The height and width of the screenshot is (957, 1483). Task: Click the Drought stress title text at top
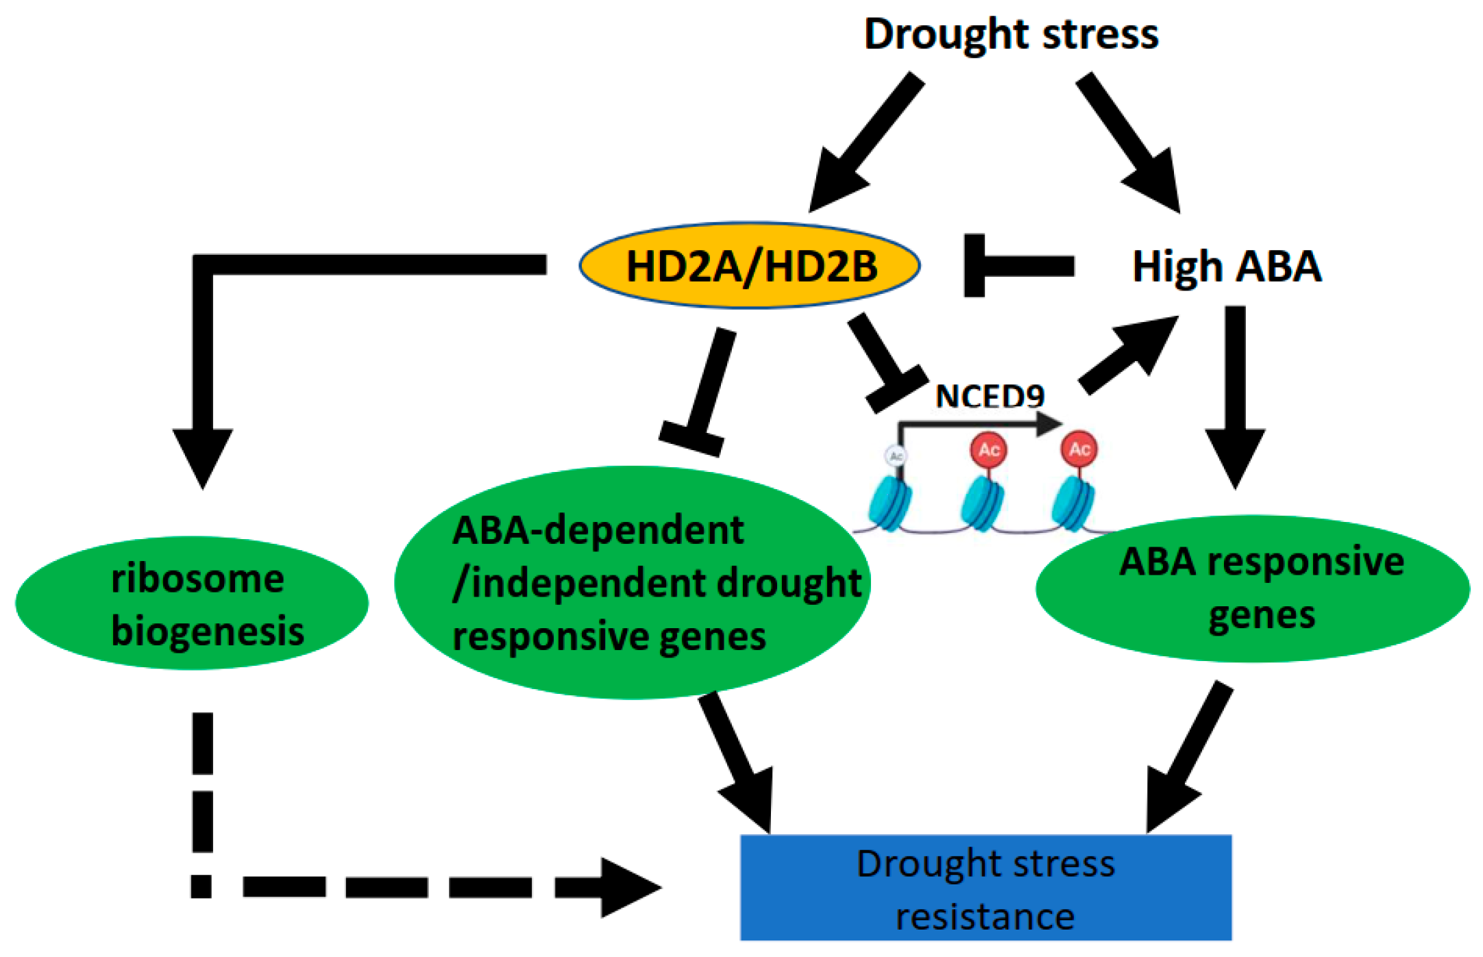[1010, 34]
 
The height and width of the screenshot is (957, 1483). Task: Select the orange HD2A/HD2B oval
[750, 266]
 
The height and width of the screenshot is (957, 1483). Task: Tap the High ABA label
[1226, 266]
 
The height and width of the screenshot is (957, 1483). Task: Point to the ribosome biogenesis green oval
[192, 603]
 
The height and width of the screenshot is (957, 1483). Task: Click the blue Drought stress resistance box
[985, 888]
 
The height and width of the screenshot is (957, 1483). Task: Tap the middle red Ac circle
[988, 450]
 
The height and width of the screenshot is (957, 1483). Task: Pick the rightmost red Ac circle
[1079, 449]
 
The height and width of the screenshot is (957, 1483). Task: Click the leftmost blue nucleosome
[890, 506]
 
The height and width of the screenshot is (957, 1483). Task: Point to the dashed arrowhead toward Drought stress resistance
[627, 887]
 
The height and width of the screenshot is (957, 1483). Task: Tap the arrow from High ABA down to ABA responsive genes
[1235, 397]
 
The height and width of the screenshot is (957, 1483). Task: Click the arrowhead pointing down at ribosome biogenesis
[203, 456]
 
